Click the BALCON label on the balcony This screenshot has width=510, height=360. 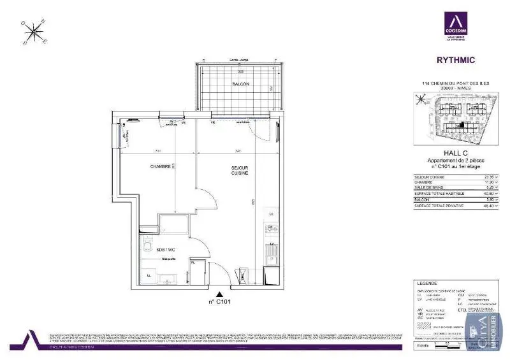click(x=240, y=84)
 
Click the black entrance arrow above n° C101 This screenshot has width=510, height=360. click(x=220, y=294)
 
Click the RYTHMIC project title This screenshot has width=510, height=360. click(x=455, y=61)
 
